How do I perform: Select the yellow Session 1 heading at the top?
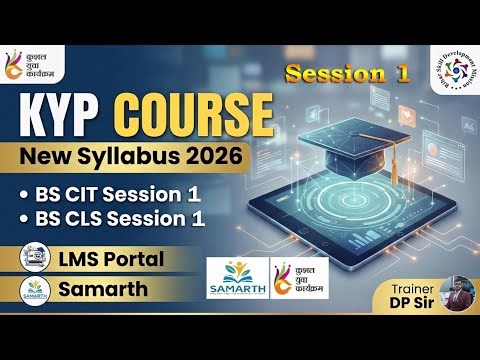334,73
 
